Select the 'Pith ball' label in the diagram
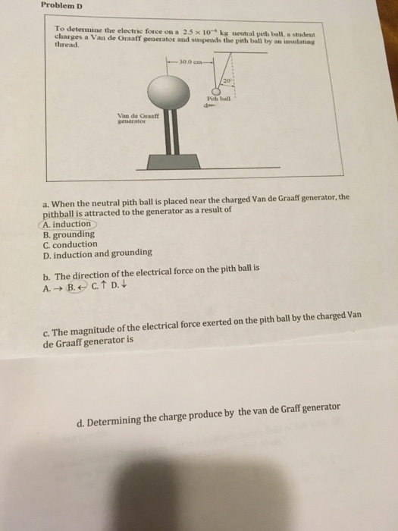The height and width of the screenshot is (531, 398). coord(217,100)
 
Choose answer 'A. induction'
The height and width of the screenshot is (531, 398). coord(67,224)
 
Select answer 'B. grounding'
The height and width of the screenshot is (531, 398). coord(69,234)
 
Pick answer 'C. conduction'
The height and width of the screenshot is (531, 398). coord(71,244)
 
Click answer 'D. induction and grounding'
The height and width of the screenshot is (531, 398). coord(98,255)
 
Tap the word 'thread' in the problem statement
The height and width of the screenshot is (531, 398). coord(66,43)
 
